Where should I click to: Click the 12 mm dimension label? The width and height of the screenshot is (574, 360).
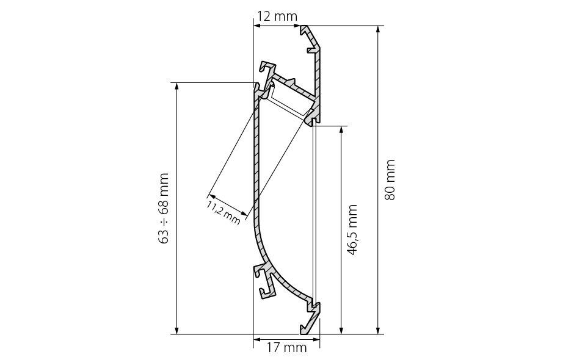277,16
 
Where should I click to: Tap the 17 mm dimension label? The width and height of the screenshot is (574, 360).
286,347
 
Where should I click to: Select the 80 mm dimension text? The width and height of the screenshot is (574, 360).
390,179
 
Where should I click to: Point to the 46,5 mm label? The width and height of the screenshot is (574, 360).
352,229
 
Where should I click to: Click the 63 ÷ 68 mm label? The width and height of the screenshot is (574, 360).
164,208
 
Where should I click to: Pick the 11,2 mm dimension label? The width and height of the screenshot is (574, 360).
223,212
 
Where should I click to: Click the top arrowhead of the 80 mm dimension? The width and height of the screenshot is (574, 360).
378,30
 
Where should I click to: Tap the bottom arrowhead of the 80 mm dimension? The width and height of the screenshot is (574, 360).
378,329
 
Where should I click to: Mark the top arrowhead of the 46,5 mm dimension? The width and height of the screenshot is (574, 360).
341,131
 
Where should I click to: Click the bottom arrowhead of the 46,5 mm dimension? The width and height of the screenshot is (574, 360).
341,329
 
